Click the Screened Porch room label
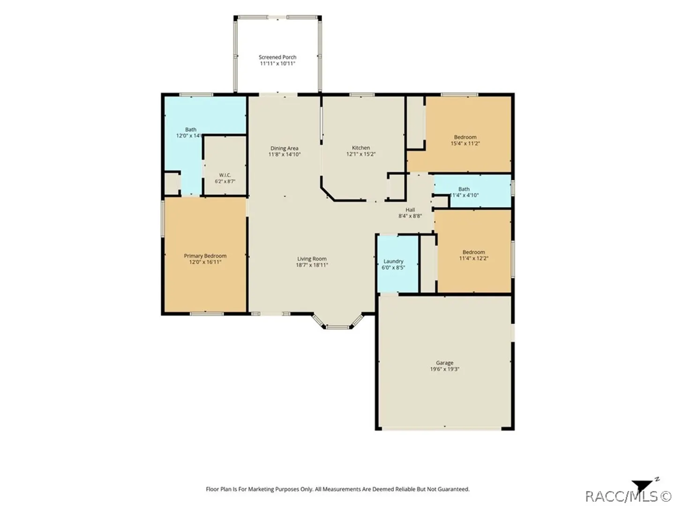pos(277,57)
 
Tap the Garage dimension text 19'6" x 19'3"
pos(444,369)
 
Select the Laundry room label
pos(393,261)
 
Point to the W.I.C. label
pos(225,175)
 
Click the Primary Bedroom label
pos(205,256)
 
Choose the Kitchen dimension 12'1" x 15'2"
pos(361,154)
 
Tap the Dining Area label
pos(284,148)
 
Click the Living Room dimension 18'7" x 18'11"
pos(312,265)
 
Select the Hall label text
pos(410,209)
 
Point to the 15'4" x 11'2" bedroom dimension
pos(465,143)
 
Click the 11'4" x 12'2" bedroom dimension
pos(473,258)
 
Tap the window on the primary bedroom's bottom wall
pos(207,314)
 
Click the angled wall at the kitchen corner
pos(328,193)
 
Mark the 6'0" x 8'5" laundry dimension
pos(393,267)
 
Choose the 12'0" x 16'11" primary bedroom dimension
pos(205,262)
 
